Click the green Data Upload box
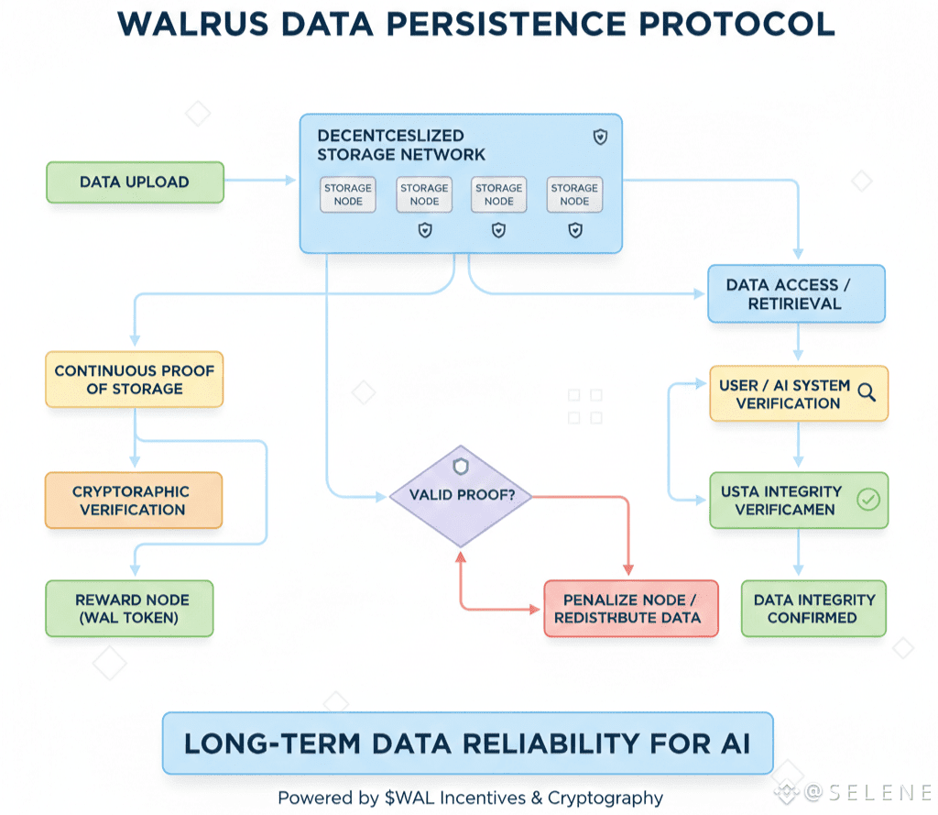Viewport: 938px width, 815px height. coord(135,182)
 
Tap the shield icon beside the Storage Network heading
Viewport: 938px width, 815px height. coord(600,138)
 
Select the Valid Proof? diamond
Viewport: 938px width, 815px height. coord(461,496)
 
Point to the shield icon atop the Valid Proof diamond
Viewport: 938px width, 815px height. coord(461,467)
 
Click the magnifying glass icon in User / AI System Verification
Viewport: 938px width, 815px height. coord(867,393)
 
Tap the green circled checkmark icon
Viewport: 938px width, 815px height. coord(867,500)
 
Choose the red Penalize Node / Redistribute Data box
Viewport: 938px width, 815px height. coord(630,609)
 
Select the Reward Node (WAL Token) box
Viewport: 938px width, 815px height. coord(129,609)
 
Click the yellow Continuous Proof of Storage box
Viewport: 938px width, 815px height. coord(134,380)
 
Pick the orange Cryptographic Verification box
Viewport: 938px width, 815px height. coord(133,501)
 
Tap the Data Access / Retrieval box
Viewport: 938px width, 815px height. coord(795,294)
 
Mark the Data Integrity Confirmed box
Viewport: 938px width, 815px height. coord(813,609)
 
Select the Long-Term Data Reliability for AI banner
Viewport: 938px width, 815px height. coord(467,743)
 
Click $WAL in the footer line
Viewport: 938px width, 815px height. coord(400,798)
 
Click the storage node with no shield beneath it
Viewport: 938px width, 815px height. coord(348,194)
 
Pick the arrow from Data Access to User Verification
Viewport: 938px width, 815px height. coord(799,345)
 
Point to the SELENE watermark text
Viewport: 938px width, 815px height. coord(871,790)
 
